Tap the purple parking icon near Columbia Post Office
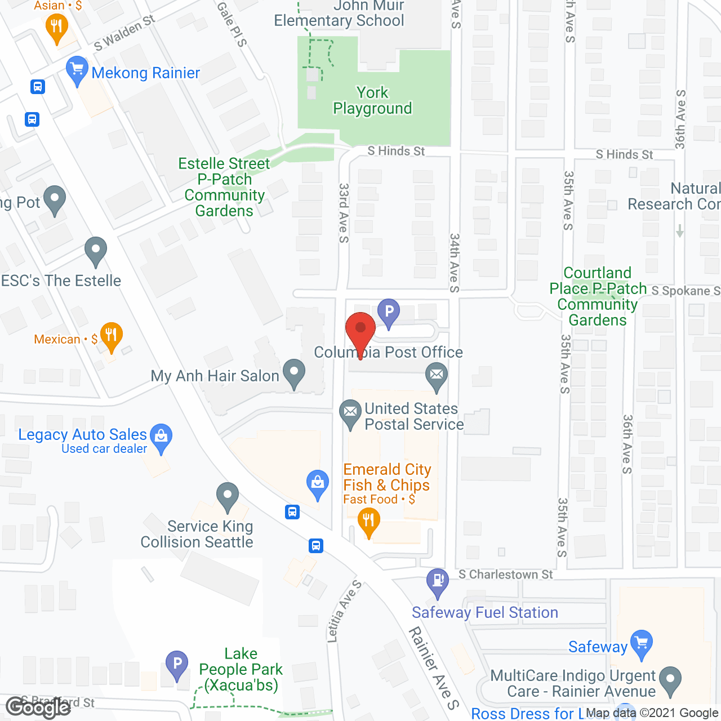(389, 311)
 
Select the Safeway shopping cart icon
(642, 643)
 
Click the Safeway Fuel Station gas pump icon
(438, 580)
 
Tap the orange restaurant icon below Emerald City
(368, 521)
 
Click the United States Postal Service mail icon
(350, 412)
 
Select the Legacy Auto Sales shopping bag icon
(161, 436)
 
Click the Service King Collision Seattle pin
(228, 496)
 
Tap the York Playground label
(372, 100)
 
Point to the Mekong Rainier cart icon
(77, 70)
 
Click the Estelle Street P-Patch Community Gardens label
(224, 187)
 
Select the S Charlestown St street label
(505, 575)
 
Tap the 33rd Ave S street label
(344, 213)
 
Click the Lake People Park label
(241, 669)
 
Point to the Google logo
(38, 707)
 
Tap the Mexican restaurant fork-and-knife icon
(111, 335)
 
